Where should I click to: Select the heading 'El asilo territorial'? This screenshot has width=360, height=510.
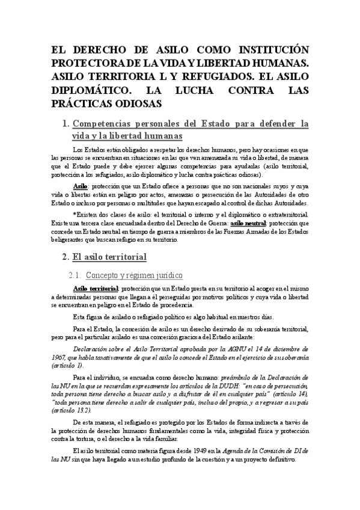(109, 257)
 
